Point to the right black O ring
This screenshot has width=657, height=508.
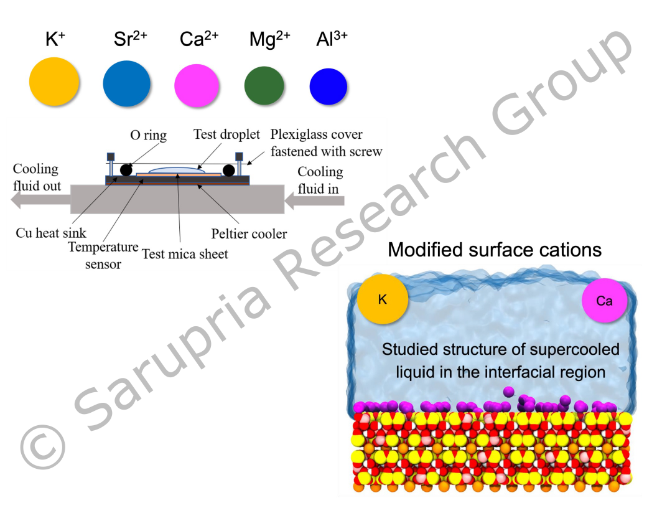click(x=228, y=170)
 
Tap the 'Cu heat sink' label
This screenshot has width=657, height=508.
click(x=51, y=233)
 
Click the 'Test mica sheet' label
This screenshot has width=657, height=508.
click(x=185, y=253)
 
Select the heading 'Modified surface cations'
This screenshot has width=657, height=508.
click(x=495, y=250)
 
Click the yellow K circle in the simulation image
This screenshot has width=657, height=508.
click(x=383, y=299)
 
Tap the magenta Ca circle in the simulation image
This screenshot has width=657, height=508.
click(x=604, y=301)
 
